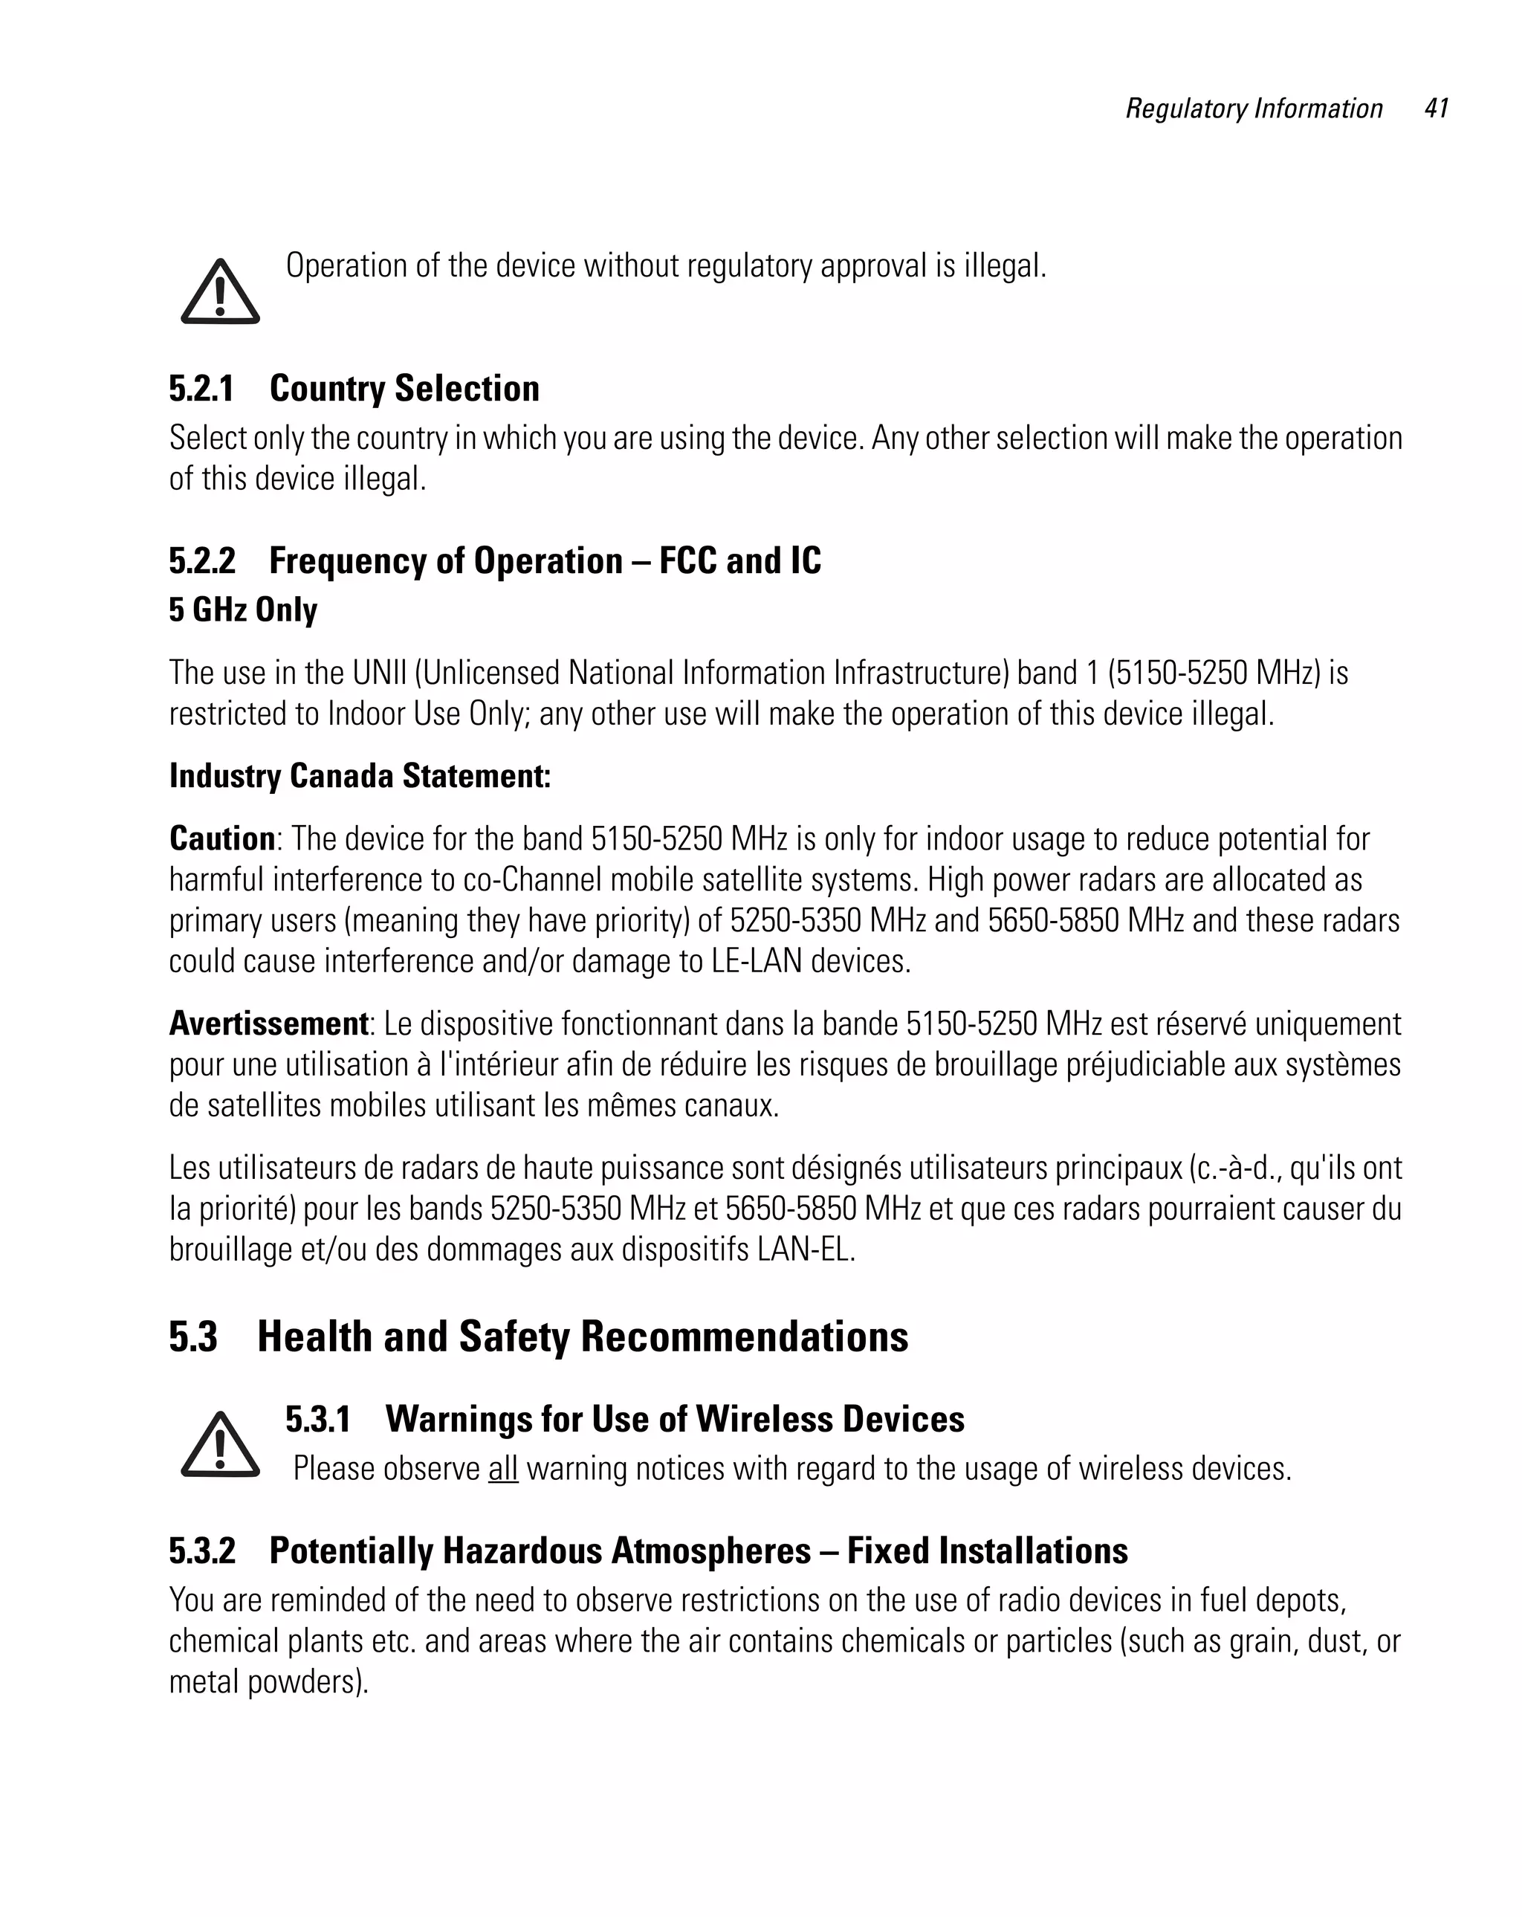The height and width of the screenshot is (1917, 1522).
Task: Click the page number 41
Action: tap(1436, 109)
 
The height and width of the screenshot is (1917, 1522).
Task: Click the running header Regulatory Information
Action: tap(1254, 109)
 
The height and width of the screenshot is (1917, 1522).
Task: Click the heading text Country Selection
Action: tap(404, 389)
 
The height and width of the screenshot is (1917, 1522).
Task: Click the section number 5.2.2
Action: tap(202, 561)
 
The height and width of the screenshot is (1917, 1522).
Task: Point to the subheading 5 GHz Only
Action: tap(243, 610)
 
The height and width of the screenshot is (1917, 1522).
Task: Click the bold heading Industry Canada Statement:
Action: tap(360, 775)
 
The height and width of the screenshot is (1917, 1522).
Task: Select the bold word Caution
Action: tap(222, 838)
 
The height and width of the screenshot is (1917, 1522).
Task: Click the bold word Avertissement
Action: tap(268, 1024)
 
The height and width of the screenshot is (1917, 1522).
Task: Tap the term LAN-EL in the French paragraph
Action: tap(806, 1250)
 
